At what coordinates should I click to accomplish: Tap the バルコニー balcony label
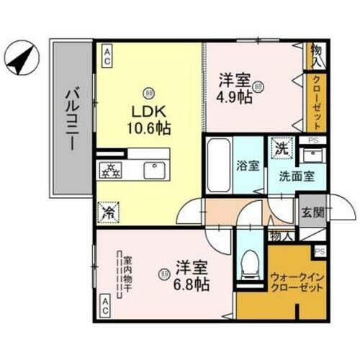(73, 119)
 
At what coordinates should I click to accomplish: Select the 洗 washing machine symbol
(281, 148)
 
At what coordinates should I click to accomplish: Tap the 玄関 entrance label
(312, 213)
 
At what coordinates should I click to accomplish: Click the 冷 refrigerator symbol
(107, 212)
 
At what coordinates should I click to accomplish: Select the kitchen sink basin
(153, 170)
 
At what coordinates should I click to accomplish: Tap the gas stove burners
(112, 171)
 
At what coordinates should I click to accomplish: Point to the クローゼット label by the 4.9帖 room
(317, 102)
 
